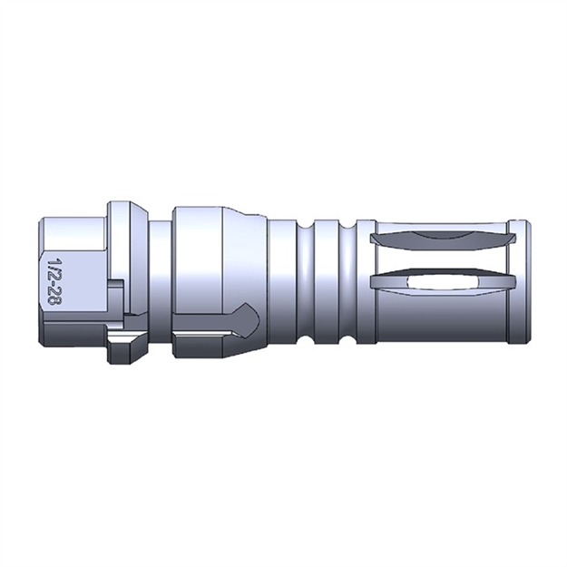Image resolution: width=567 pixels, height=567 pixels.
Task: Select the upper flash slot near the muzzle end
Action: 439,239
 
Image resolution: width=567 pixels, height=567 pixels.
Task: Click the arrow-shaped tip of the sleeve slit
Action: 253,318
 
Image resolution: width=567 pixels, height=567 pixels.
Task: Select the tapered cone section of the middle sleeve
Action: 249,263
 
